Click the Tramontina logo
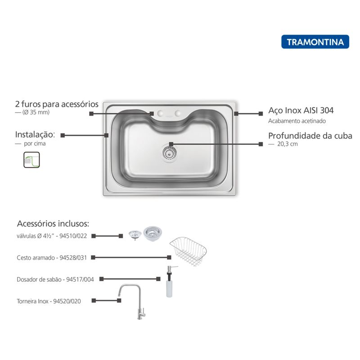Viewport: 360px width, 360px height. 315,42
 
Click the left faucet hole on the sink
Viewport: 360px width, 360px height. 160,113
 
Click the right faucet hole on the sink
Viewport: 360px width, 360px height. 177,113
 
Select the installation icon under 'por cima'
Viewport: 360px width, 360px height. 31,160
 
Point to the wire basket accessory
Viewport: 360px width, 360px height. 188,251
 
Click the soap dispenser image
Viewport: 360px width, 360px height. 170,282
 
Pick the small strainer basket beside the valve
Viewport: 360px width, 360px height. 135,234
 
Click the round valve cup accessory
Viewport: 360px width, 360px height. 153,233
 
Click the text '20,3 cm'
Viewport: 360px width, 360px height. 288,144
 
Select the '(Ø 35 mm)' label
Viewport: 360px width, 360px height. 36,112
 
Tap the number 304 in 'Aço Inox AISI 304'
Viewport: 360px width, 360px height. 327,110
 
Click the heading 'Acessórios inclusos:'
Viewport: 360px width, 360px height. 53,224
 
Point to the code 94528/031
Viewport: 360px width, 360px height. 73,258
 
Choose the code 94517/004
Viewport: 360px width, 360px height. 80,279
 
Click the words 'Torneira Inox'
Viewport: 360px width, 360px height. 32,301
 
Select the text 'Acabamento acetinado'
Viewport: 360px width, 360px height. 297,121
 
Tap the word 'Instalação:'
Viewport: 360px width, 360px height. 35,135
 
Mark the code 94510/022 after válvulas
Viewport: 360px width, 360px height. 73,236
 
